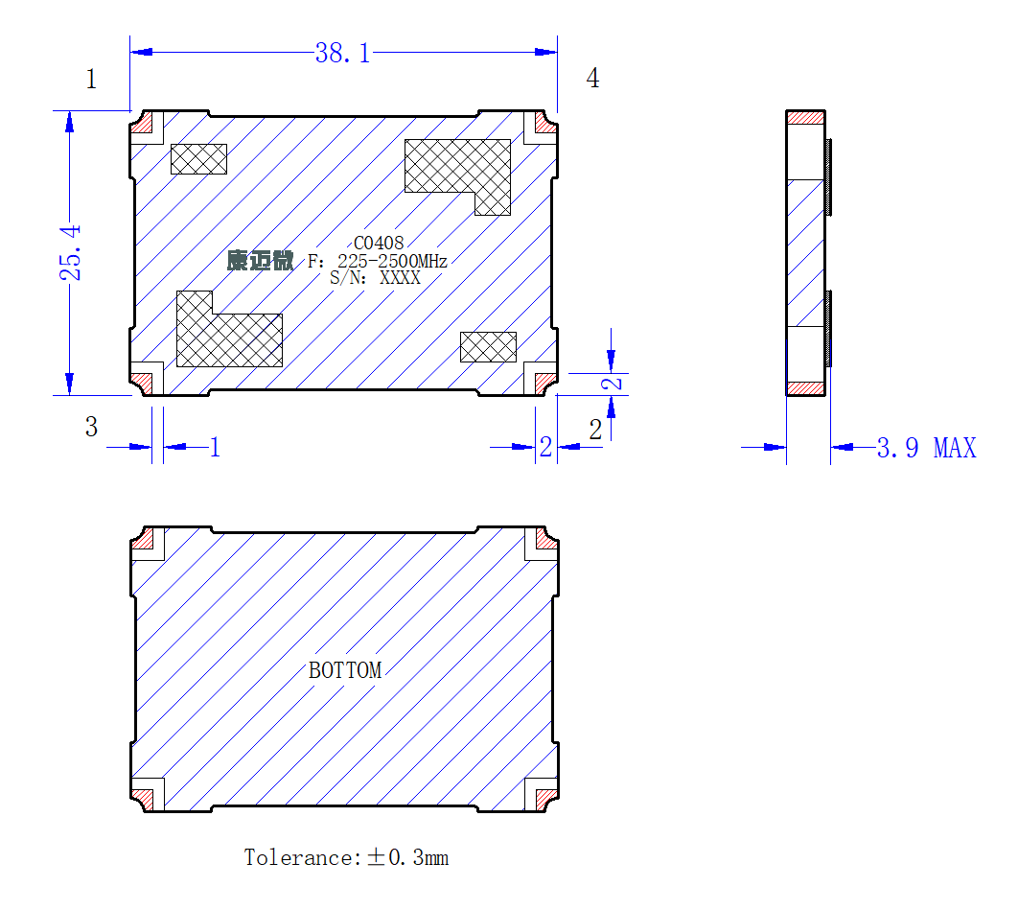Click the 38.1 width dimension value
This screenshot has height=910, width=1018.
pyautogui.click(x=343, y=54)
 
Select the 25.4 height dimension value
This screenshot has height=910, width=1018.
pyautogui.click(x=70, y=252)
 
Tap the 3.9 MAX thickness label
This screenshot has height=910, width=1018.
pyautogui.click(x=927, y=448)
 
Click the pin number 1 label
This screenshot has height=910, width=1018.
pyautogui.click(x=91, y=79)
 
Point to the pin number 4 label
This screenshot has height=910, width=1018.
pyautogui.click(x=592, y=78)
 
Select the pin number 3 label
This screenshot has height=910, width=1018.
pyautogui.click(x=91, y=427)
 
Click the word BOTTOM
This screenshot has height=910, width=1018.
pyautogui.click(x=345, y=670)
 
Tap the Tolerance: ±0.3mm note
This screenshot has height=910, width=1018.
pyautogui.click(x=346, y=857)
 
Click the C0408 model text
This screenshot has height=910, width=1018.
pyautogui.click(x=379, y=243)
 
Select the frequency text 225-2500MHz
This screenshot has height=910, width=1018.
pyautogui.click(x=392, y=261)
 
